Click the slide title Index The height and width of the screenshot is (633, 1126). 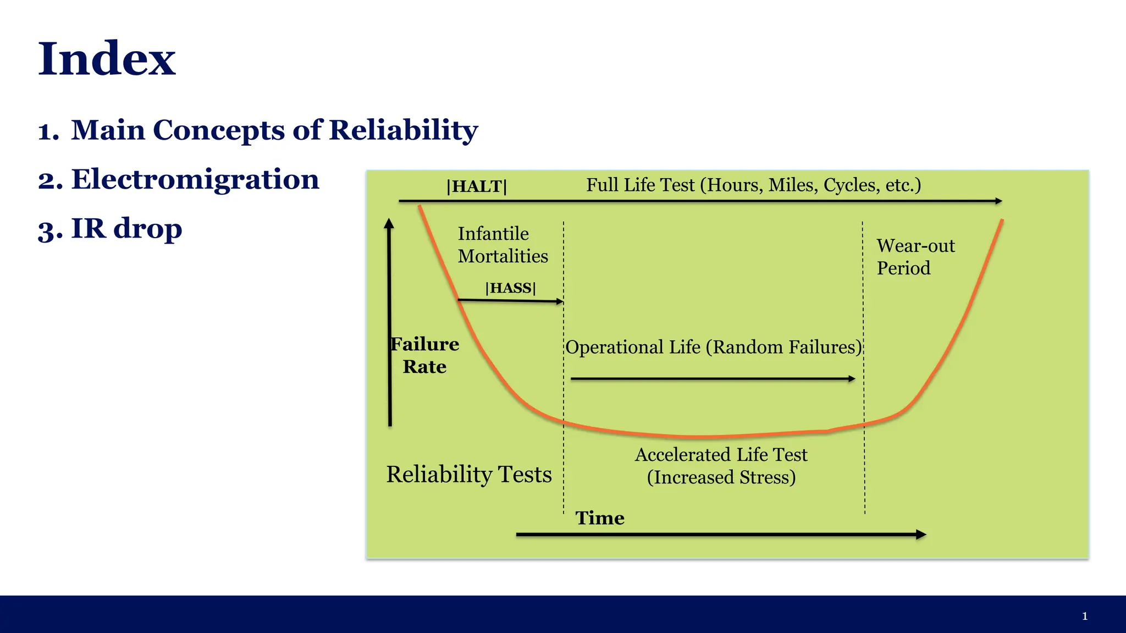click(x=107, y=59)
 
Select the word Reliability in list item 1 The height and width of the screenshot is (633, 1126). click(x=403, y=130)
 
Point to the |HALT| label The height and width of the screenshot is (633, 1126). click(x=477, y=186)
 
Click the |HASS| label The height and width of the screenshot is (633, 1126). click(x=510, y=288)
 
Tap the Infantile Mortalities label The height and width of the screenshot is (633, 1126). click(x=503, y=245)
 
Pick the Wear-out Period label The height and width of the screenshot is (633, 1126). click(x=915, y=257)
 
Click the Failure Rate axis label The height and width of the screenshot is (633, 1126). click(x=424, y=355)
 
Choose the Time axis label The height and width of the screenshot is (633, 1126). click(x=600, y=518)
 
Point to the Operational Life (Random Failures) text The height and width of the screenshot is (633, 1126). click(x=713, y=347)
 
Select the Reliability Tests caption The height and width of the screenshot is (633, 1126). click(x=468, y=474)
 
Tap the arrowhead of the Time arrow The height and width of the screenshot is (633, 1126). click(x=921, y=535)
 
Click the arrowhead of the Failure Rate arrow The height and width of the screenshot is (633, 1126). click(x=389, y=223)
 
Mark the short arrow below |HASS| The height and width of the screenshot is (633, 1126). click(x=510, y=301)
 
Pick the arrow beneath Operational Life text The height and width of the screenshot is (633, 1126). click(x=713, y=379)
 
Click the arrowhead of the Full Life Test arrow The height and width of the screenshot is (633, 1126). click(x=998, y=201)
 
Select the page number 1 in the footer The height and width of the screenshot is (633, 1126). click(x=1085, y=616)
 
